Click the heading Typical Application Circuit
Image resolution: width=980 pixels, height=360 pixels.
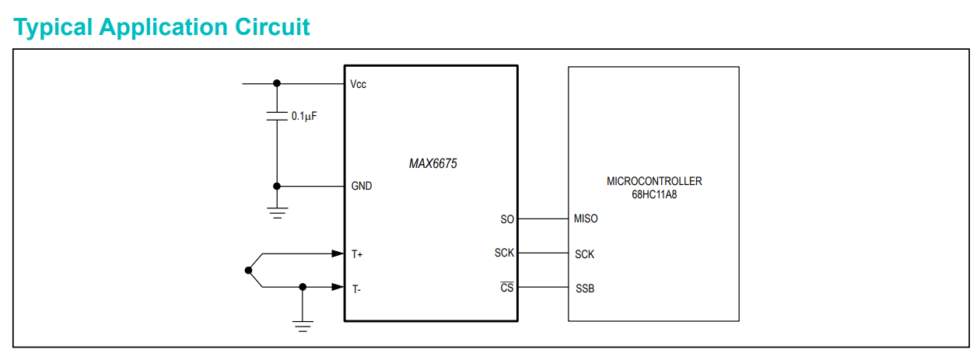tap(162, 26)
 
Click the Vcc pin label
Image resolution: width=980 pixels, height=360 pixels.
tap(359, 84)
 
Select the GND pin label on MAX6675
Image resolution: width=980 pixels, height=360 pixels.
tap(362, 187)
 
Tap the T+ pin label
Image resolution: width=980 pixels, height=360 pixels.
tap(357, 254)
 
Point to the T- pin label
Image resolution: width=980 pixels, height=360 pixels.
tap(356, 289)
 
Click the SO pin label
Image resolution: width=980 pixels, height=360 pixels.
tap(507, 219)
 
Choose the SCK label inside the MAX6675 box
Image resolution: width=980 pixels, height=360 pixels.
tap(504, 253)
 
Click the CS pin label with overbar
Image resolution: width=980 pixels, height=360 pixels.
tap(506, 288)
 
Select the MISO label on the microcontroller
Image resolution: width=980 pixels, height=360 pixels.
tap(586, 219)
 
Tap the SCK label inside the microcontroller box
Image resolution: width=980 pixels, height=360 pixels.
tap(585, 254)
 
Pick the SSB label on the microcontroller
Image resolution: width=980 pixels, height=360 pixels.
tap(585, 289)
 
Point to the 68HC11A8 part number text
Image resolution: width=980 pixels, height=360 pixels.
tap(654, 194)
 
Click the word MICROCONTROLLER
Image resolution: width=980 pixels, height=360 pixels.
tap(654, 181)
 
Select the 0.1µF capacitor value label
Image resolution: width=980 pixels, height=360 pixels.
tap(304, 116)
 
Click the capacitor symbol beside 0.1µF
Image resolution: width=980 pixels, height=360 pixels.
tap(276, 116)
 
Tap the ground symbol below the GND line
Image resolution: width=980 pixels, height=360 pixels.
tap(276, 212)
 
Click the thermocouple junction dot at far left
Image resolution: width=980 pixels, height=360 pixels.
tap(248, 271)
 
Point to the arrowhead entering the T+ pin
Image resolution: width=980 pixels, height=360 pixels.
tap(338, 253)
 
